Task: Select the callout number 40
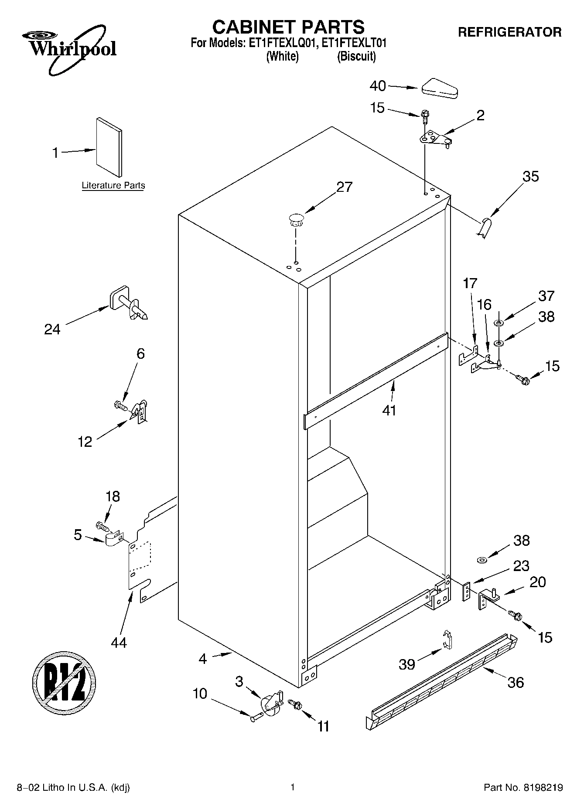tap(378, 86)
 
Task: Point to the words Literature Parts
tap(113, 186)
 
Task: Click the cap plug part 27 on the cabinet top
tap(296, 219)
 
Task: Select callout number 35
tap(530, 177)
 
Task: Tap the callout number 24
tap(52, 329)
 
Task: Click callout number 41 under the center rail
tap(389, 410)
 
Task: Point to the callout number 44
tap(119, 642)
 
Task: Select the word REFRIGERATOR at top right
tap(509, 32)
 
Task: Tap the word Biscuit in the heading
tap(356, 56)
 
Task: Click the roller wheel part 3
tap(270, 702)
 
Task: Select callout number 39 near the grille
tap(407, 664)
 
